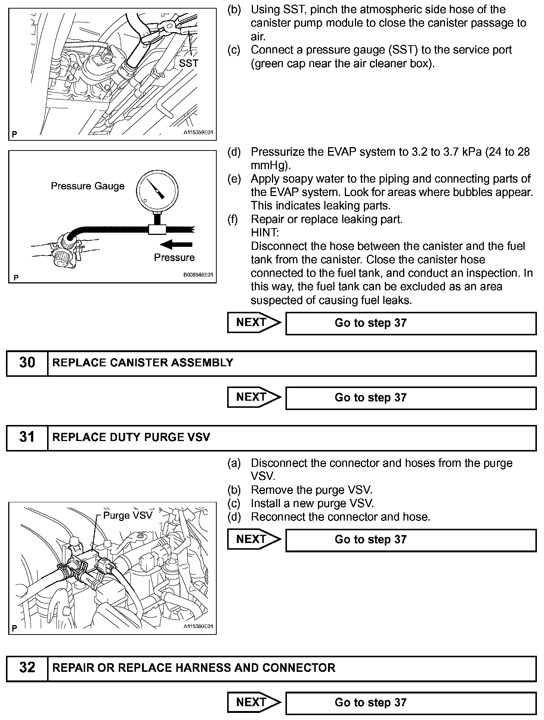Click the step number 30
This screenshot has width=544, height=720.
[x=27, y=363]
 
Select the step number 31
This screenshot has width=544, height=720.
[x=27, y=437]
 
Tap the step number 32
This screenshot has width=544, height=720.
[x=27, y=668]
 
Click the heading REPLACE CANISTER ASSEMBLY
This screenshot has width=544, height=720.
[x=143, y=363]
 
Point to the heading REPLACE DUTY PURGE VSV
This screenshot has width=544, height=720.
[x=131, y=437]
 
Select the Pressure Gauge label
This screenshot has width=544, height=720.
[x=87, y=186]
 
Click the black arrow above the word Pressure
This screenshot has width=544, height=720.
[x=176, y=245]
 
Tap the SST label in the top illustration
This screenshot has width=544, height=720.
[x=188, y=63]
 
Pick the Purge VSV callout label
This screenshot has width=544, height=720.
[x=128, y=515]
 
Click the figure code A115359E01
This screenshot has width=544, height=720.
[x=198, y=133]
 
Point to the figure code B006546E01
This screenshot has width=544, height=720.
[x=198, y=275]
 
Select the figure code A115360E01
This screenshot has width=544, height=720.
[x=198, y=627]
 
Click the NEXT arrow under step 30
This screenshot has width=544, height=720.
[x=254, y=397]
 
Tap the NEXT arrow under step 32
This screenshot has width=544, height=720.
[x=254, y=702]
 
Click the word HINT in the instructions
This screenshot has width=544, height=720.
[x=265, y=233]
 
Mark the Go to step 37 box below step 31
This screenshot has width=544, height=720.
[x=411, y=540]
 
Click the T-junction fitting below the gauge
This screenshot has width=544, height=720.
[x=157, y=229]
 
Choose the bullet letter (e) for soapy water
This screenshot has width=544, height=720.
[x=234, y=179]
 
